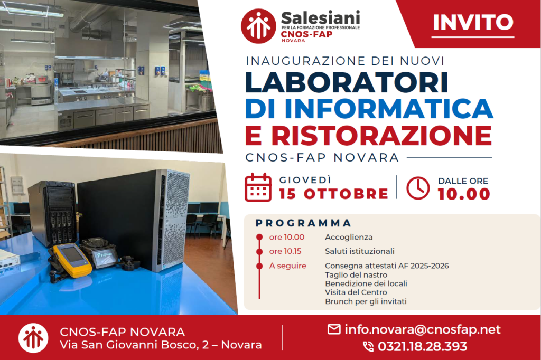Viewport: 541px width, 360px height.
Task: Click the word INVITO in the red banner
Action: [x=473, y=22]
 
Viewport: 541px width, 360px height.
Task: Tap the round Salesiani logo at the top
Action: [x=258, y=26]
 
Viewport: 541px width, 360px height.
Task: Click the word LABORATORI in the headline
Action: [x=347, y=82]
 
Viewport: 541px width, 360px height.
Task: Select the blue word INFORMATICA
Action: [x=389, y=109]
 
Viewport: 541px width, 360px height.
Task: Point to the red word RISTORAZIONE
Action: [x=381, y=135]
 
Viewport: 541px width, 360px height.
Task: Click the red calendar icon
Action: [x=258, y=187]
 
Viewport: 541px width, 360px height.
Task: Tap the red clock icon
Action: [x=418, y=188]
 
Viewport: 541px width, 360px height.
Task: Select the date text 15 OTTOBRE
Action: [x=334, y=194]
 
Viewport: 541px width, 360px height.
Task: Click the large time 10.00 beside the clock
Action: [x=464, y=194]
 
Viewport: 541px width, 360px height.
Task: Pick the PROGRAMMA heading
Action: [x=303, y=223]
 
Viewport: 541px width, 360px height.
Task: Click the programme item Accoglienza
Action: [x=349, y=237]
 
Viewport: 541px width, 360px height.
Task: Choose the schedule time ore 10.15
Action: [x=285, y=251]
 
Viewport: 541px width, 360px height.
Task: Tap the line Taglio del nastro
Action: [x=356, y=275]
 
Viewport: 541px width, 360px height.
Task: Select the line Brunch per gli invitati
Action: [x=366, y=301]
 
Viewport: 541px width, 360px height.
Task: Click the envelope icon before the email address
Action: [x=334, y=329]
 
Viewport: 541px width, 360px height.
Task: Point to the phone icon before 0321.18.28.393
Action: [x=368, y=347]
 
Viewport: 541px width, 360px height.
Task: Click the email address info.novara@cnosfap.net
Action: [x=423, y=330]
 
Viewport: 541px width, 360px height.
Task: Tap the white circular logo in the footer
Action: [x=33, y=338]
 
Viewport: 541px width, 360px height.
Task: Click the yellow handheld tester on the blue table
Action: [x=72, y=260]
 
